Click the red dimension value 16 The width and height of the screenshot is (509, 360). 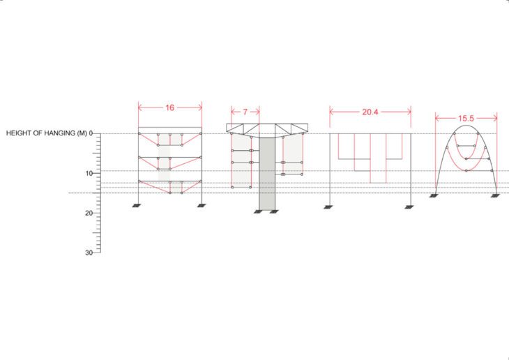[169, 107]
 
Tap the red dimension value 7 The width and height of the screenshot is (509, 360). [245, 112]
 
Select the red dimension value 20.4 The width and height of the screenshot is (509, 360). [370, 112]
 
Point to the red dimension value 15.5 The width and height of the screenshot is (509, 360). [466, 119]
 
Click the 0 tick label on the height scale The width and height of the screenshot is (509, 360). [91, 133]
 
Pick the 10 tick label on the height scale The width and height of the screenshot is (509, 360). [89, 174]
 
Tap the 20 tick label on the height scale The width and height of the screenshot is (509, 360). [89, 213]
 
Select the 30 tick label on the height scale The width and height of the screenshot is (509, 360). [89, 253]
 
